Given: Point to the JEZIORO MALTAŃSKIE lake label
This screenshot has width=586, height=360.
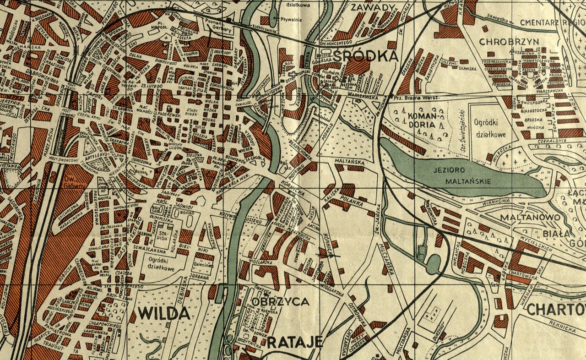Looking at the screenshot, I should (462, 175).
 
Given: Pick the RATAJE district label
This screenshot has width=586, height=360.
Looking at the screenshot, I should (295, 342).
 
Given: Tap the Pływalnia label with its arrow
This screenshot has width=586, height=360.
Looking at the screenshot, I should (285, 18).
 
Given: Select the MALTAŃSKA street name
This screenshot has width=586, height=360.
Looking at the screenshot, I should (349, 161).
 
